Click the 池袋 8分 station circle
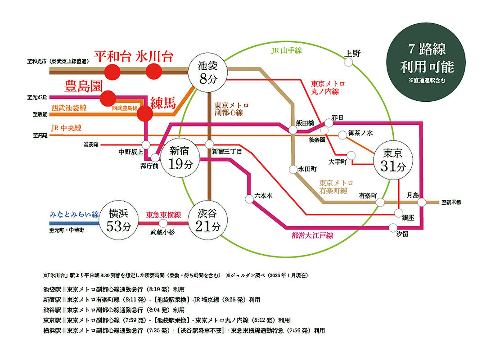tap(207, 72)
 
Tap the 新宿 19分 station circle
tap(180, 158)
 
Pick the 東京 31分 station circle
tap(393, 160)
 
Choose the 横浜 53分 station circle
tap(119, 220)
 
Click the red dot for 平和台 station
tap(113, 72)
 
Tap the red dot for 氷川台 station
tap(154, 72)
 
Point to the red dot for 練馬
tap(144, 113)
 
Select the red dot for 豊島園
tap(108, 98)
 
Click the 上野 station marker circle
tap(348, 62)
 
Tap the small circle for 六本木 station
tap(249, 199)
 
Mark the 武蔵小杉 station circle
tap(163, 223)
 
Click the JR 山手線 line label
tap(287, 50)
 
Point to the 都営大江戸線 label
tap(312, 235)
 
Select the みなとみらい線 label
tap(74, 215)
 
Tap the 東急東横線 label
tap(163, 215)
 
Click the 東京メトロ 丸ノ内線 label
tap(328, 88)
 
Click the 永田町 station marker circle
tap(293, 169)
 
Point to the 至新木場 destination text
tap(451, 202)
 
